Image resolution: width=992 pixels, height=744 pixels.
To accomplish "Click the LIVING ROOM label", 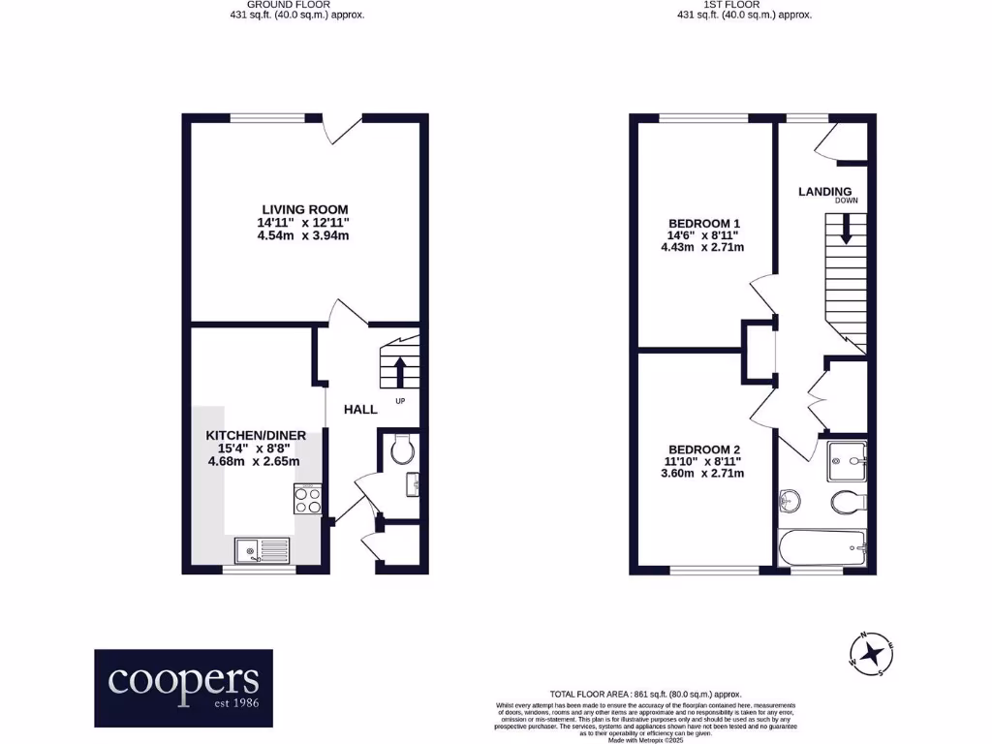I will pos(304,209).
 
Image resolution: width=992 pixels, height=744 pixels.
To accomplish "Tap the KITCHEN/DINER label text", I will pos(255,436).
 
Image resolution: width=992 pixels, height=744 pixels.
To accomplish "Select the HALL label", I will pos(360,410).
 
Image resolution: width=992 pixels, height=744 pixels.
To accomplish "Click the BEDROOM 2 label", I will pos(703,449).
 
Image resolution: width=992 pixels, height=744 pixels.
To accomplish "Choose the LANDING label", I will pos(824,192).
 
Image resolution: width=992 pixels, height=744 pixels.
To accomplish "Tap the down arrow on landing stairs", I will pos(846,231).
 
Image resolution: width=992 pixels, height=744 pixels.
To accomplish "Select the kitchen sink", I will pos(261,550).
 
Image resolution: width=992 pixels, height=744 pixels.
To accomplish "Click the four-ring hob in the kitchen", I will pos(307,499).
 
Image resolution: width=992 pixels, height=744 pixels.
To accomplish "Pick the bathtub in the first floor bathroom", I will pos(822,548).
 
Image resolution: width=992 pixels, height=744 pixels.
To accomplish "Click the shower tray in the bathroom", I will pos(846,461).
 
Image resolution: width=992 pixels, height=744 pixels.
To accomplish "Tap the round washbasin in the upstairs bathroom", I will pos(790,501).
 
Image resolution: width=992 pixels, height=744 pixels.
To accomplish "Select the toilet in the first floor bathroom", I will pos(849,502).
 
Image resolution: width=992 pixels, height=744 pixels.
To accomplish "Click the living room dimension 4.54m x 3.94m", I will pos(304,235).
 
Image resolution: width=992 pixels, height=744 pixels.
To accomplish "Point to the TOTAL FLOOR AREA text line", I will pos(645,694).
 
